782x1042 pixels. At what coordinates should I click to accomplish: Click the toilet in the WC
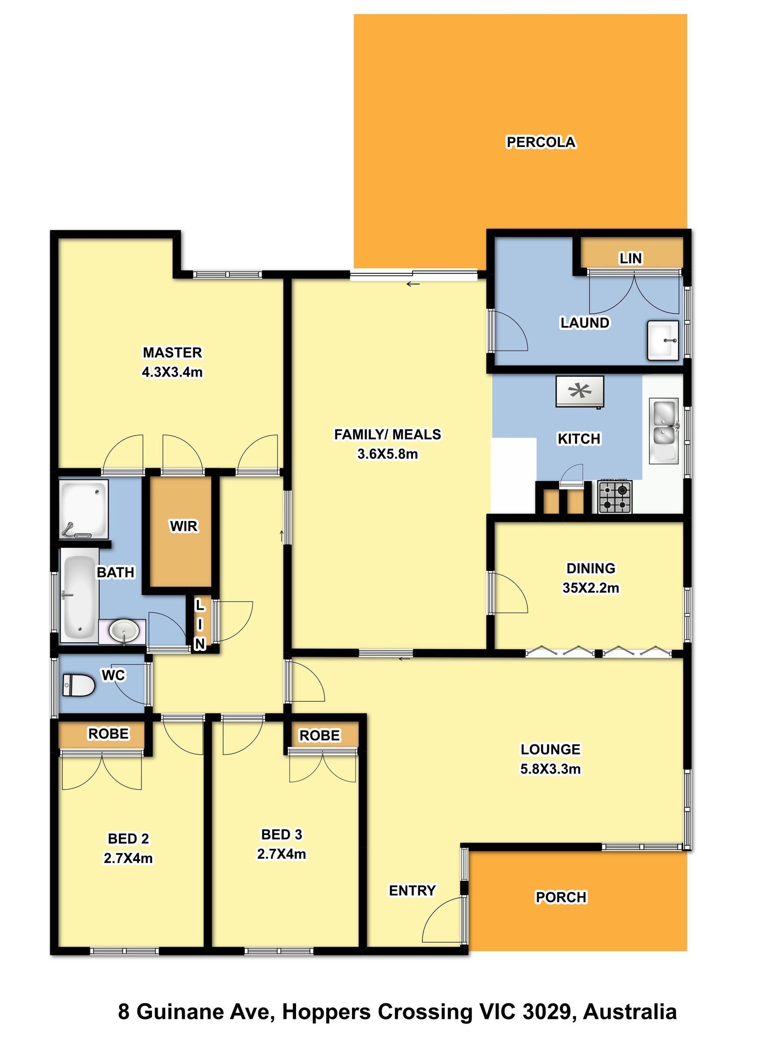[x=78, y=685]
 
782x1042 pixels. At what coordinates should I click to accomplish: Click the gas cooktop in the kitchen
[x=615, y=496]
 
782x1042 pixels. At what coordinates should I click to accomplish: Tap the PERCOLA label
[x=540, y=142]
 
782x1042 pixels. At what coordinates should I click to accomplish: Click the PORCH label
[x=561, y=897]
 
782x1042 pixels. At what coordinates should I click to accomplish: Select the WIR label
[x=184, y=526]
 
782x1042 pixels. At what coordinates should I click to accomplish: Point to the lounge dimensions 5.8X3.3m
[x=550, y=769]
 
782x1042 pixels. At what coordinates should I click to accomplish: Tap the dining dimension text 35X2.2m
[x=591, y=587]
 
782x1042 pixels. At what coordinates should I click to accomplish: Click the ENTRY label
[x=412, y=890]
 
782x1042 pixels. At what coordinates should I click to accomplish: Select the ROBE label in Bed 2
[x=108, y=733]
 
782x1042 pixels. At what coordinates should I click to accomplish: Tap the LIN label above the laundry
[x=630, y=258]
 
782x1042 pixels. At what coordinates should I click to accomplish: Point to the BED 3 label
[x=281, y=834]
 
